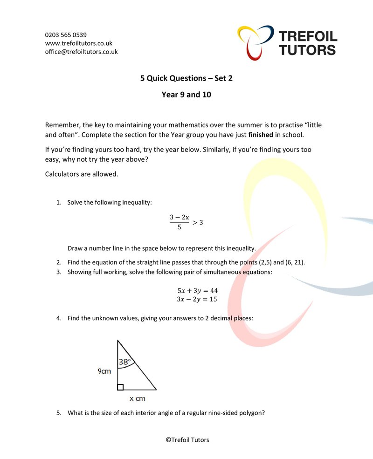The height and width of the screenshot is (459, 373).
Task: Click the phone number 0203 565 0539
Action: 66,35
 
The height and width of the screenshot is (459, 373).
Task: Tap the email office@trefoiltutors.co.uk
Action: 81,52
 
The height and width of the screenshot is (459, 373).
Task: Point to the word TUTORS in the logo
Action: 307,50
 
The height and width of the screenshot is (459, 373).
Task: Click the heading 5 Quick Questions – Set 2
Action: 186,78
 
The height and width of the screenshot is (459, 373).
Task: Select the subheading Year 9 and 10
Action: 186,95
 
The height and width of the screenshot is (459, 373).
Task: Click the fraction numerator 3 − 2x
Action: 180,217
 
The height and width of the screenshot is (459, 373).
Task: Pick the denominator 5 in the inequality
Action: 179,228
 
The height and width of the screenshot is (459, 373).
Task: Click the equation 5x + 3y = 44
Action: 197,290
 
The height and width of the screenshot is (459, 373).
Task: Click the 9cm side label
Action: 104,371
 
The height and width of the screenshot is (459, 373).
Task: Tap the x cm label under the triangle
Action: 138,399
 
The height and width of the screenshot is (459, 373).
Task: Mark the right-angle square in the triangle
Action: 120,387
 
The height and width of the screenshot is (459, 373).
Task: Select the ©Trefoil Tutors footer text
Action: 186,439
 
